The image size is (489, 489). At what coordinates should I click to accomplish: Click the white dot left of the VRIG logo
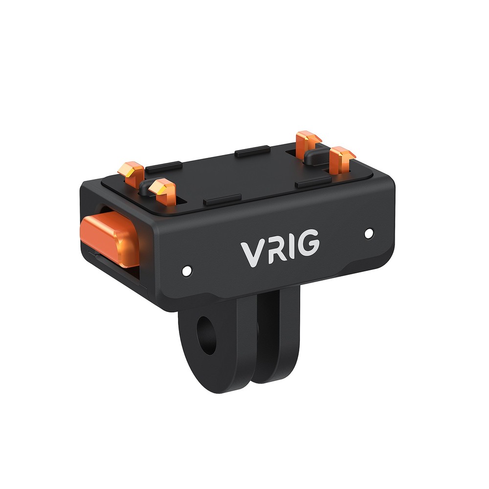(x=186, y=269)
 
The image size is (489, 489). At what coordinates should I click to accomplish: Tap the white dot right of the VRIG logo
(x=369, y=233)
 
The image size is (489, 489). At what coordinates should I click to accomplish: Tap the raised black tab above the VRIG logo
(x=222, y=200)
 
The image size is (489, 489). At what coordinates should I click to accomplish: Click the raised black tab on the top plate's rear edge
(x=253, y=151)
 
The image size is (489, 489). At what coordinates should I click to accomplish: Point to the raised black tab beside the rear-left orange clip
(x=164, y=167)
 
